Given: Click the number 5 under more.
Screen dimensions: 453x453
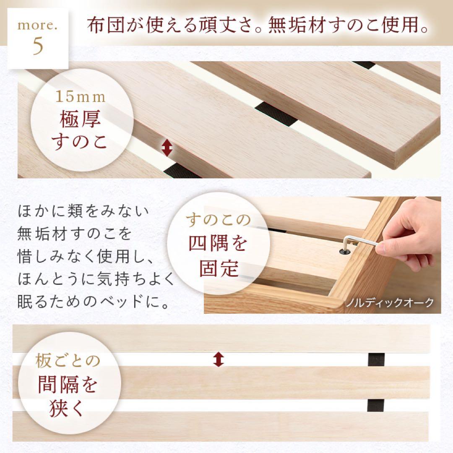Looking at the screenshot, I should [38, 46].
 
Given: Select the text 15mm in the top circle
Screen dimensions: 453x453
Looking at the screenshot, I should [81, 97].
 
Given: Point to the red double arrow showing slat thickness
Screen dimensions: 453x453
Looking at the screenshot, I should [167, 148].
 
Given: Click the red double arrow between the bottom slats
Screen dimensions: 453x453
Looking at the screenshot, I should [218, 359].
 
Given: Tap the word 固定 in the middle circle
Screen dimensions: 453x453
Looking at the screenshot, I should [218, 268].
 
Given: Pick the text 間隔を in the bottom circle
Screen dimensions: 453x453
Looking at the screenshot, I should [68, 384].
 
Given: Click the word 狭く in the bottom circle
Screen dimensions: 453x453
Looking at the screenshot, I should [67, 408].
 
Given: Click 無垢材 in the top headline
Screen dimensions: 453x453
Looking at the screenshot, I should [294, 26].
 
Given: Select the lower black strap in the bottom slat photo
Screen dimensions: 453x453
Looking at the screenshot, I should [376, 405].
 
